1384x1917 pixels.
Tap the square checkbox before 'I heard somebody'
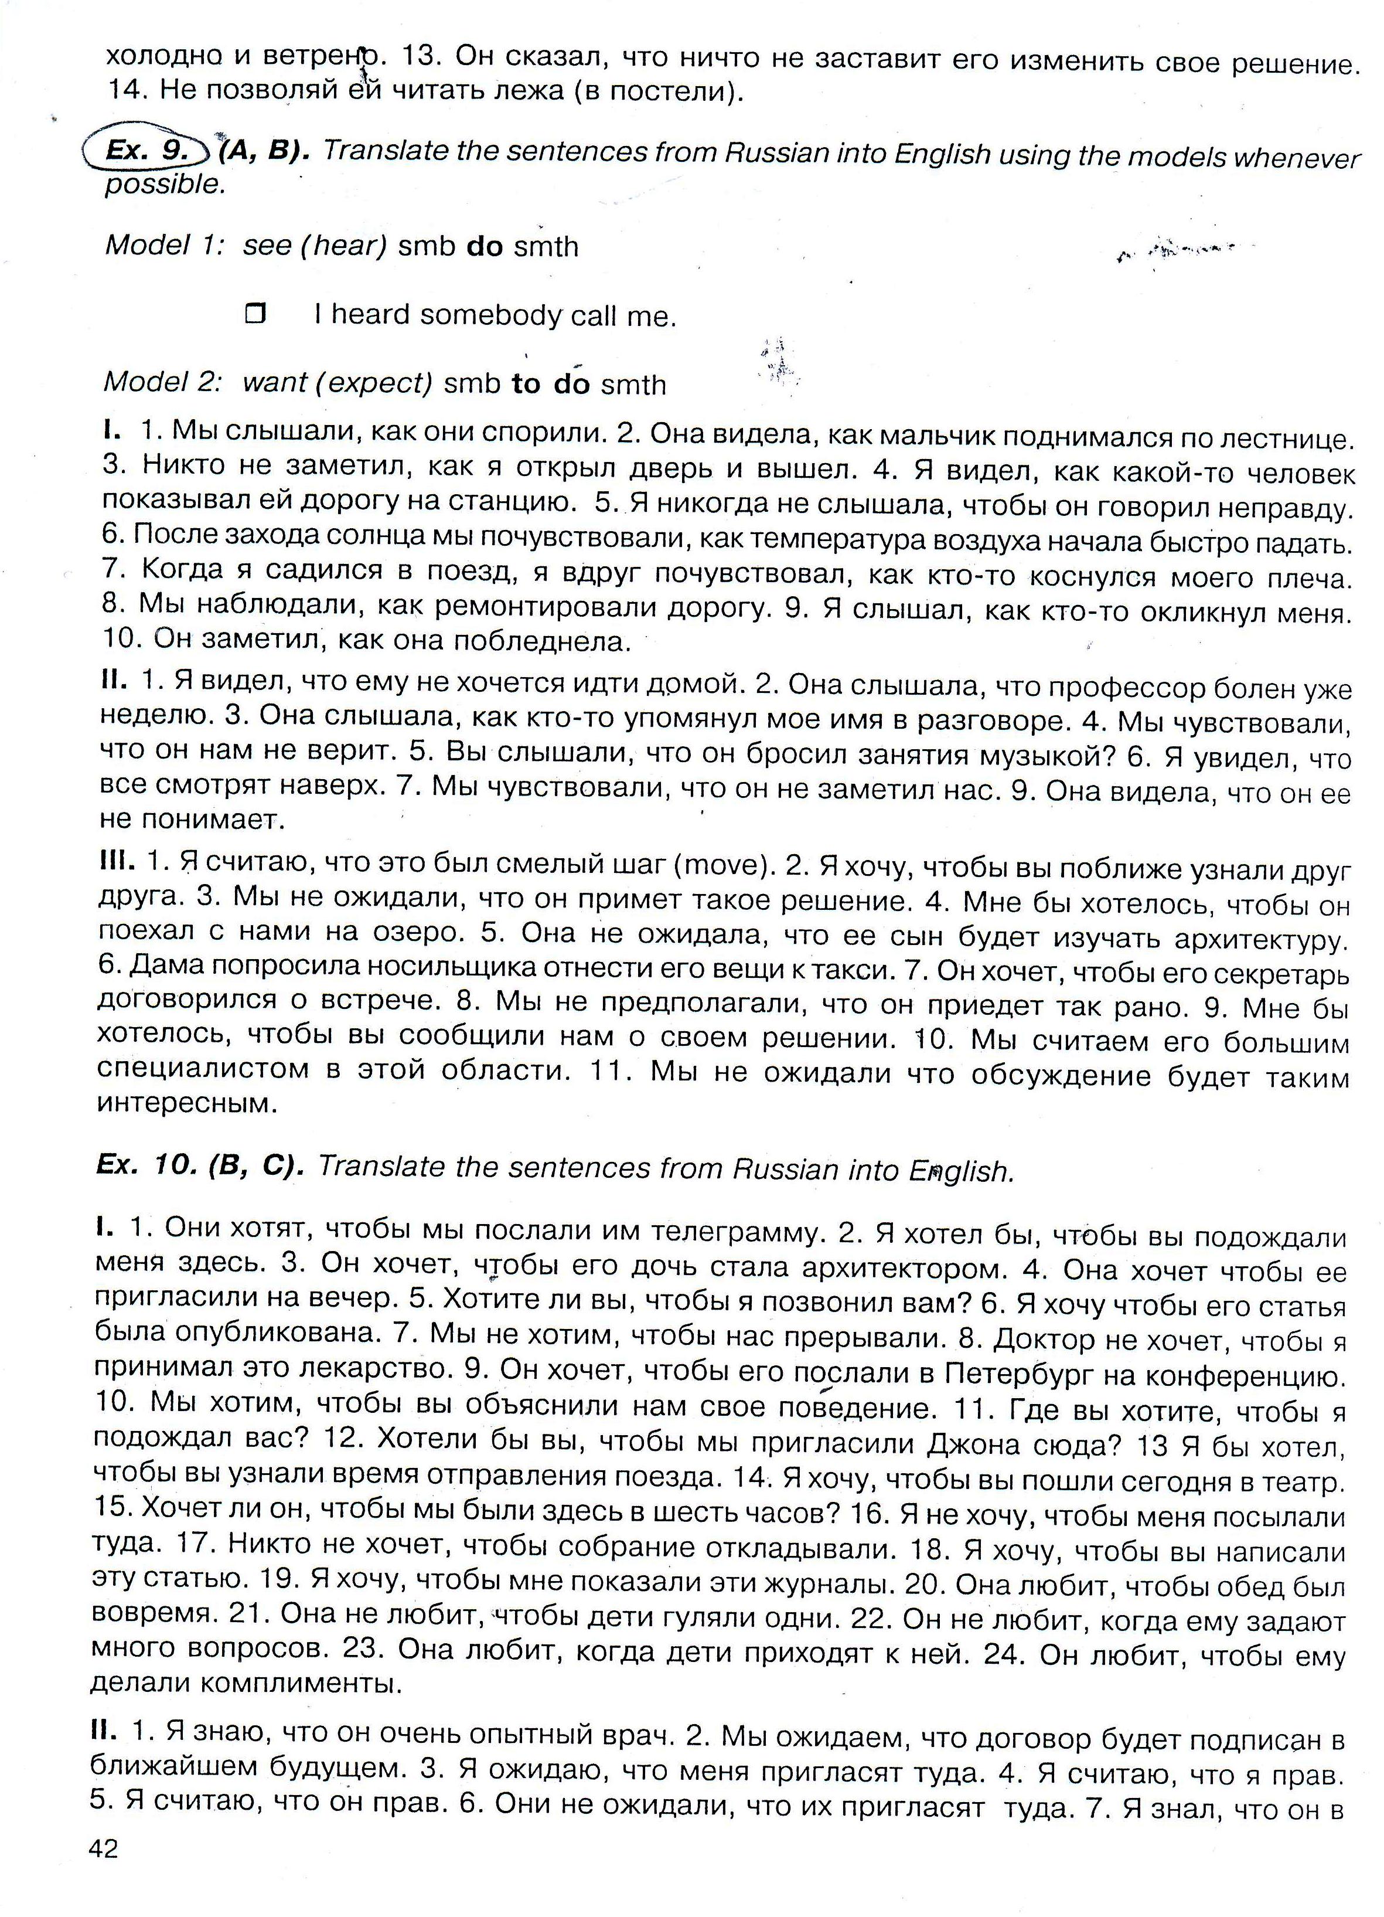(x=254, y=314)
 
